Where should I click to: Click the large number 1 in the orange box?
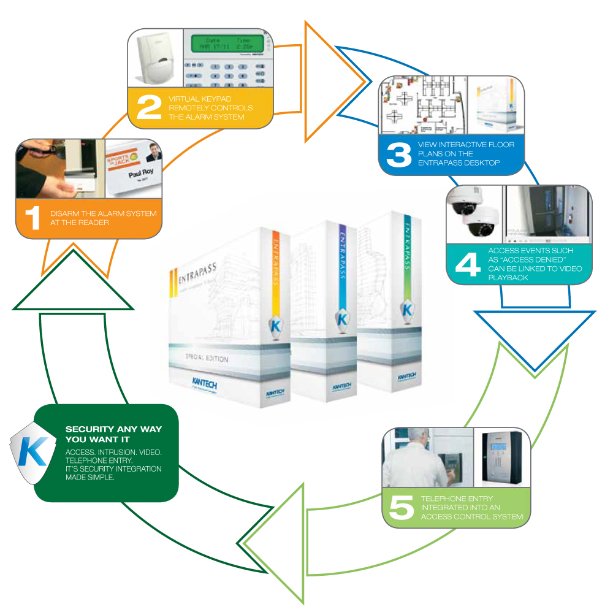(x=31, y=218)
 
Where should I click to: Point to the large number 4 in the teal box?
(x=467, y=264)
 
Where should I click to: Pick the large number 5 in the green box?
(x=402, y=508)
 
